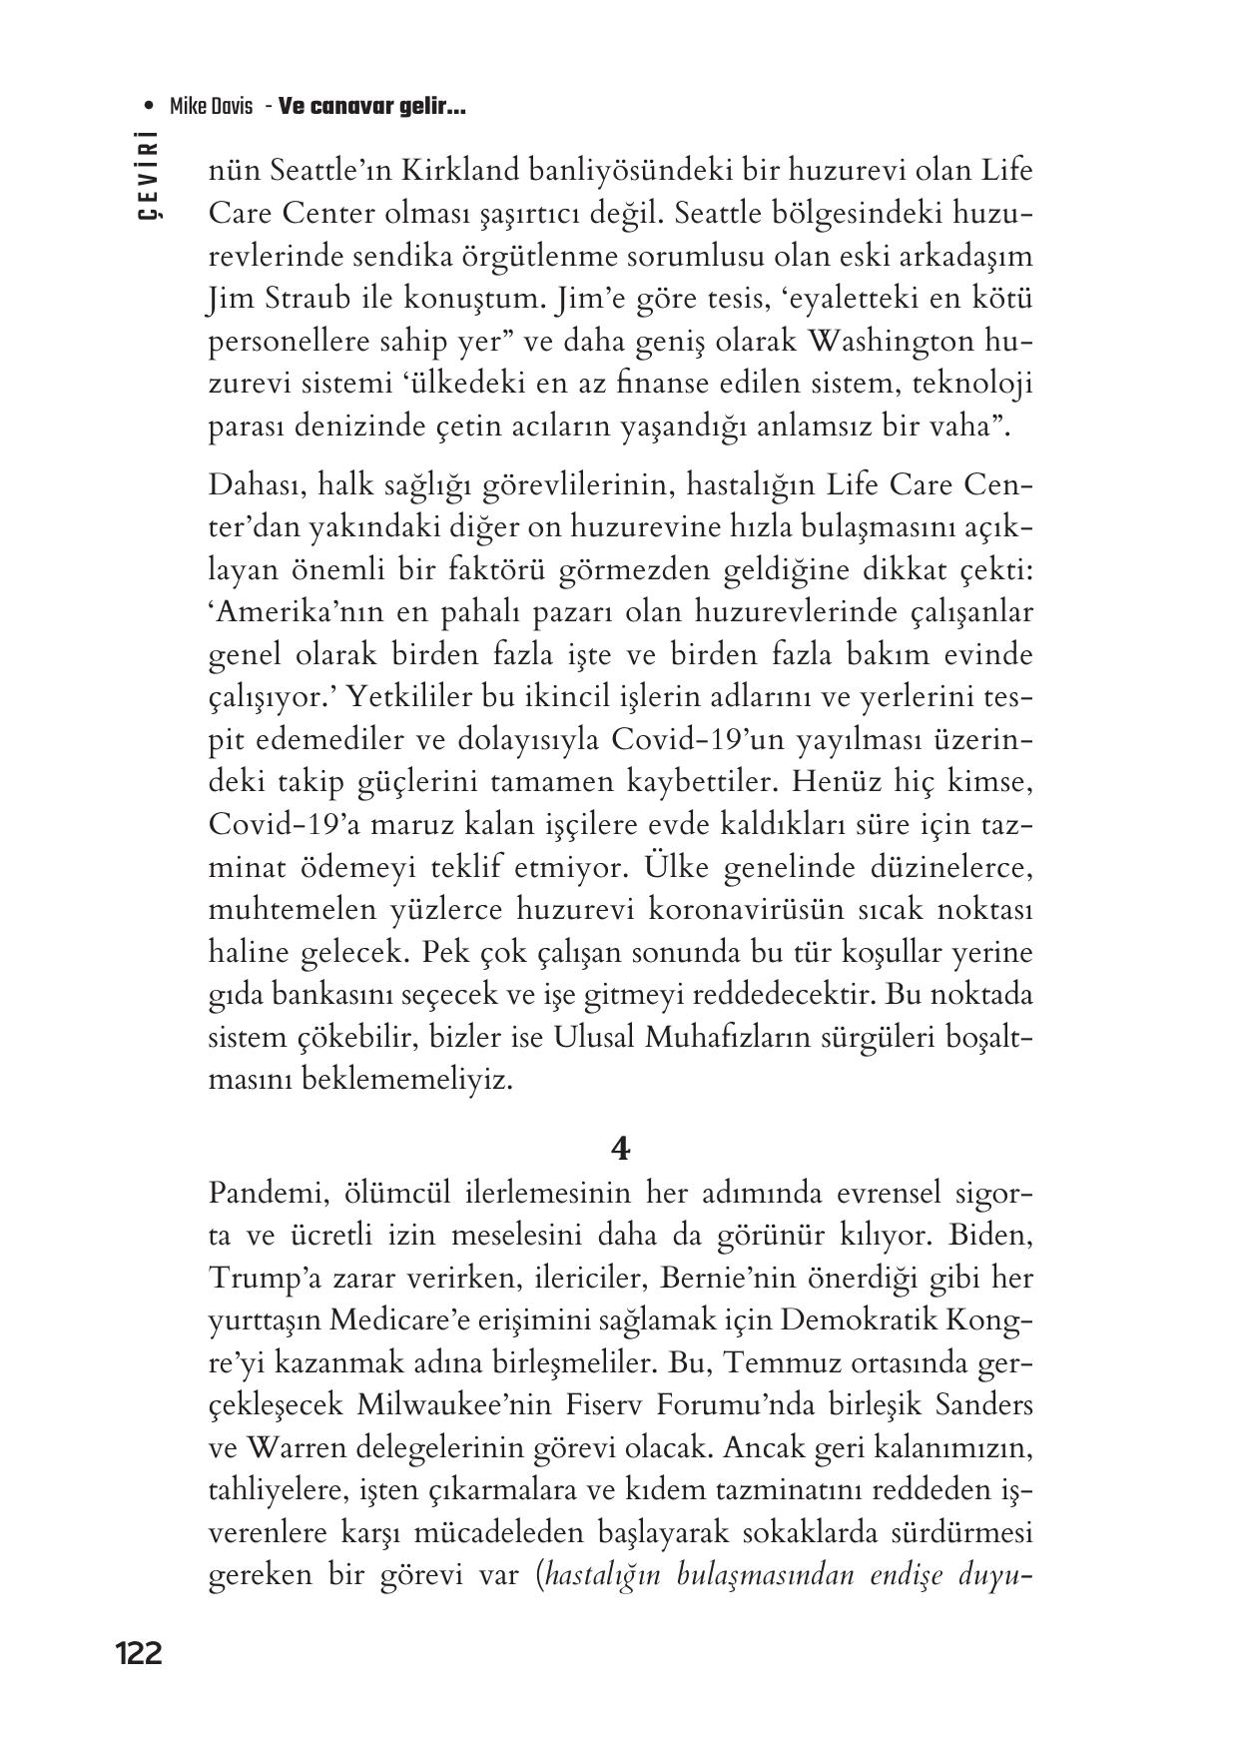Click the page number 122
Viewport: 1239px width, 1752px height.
tap(139, 1653)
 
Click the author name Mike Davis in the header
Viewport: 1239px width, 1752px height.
tap(211, 107)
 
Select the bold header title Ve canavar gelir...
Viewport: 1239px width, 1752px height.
tap(372, 107)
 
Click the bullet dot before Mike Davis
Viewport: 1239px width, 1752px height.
tap(150, 107)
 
